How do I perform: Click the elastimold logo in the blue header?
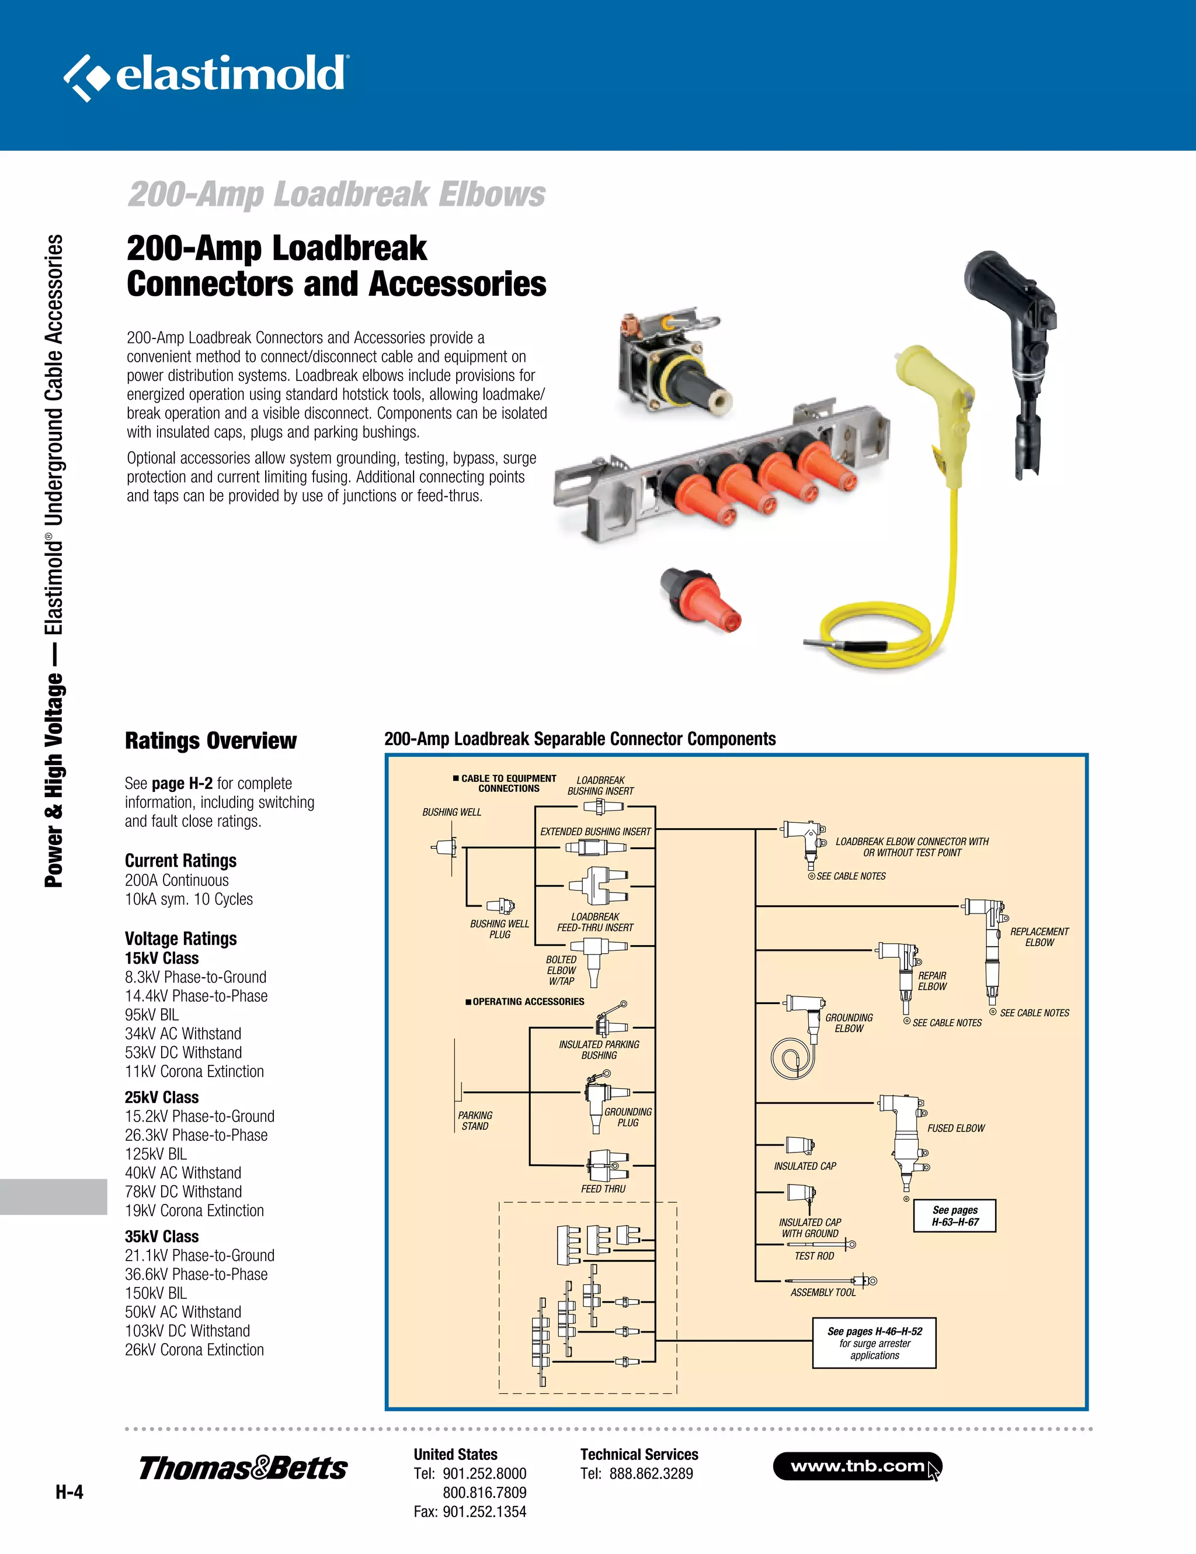(206, 75)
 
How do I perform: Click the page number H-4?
(69, 1492)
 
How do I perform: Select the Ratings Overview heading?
(210, 740)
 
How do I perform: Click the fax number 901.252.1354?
(484, 1511)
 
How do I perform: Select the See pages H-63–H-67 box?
(954, 1215)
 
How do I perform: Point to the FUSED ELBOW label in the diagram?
(955, 1128)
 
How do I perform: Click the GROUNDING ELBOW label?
(849, 1023)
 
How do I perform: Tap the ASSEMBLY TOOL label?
(823, 1292)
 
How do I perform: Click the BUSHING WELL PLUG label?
(499, 929)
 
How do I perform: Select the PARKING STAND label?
(475, 1121)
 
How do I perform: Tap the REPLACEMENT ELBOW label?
(1039, 936)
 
